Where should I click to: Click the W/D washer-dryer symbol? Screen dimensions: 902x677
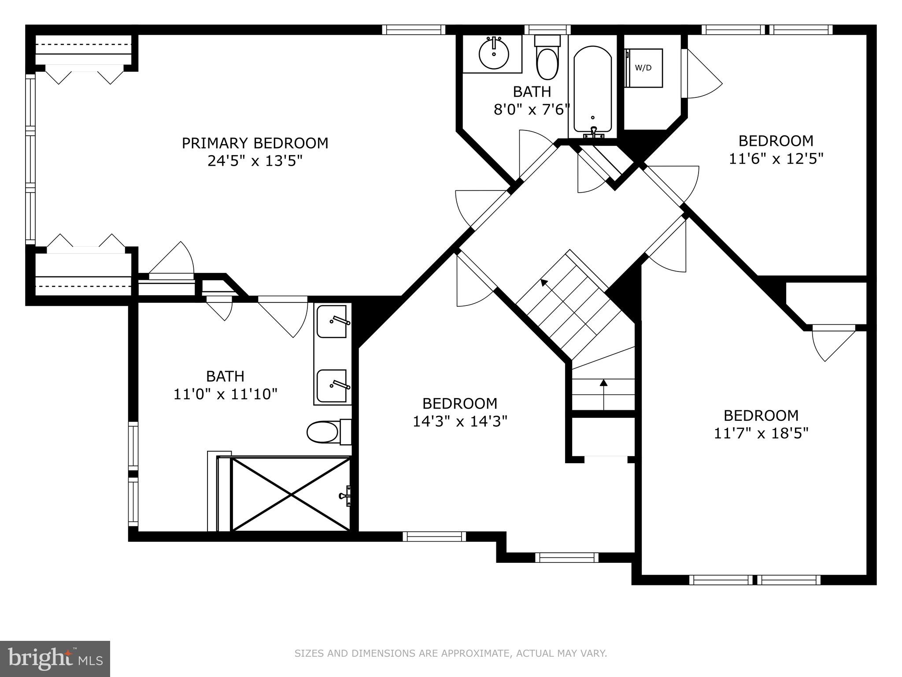[644, 68]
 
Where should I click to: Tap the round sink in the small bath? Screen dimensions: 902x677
[494, 54]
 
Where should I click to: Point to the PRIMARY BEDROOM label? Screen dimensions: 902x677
[255, 143]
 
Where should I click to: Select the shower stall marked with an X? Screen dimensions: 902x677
[291, 494]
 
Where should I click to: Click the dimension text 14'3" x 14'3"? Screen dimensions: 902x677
[460, 421]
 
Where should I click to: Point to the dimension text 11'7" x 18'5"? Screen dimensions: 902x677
[761, 433]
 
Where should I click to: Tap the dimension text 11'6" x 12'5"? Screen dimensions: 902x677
[776, 159]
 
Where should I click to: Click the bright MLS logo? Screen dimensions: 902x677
[55, 658]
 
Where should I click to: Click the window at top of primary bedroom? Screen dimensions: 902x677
[413, 30]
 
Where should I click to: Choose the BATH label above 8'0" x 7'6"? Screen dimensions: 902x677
[532, 92]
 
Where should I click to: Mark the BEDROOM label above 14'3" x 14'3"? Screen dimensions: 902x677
[460, 403]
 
